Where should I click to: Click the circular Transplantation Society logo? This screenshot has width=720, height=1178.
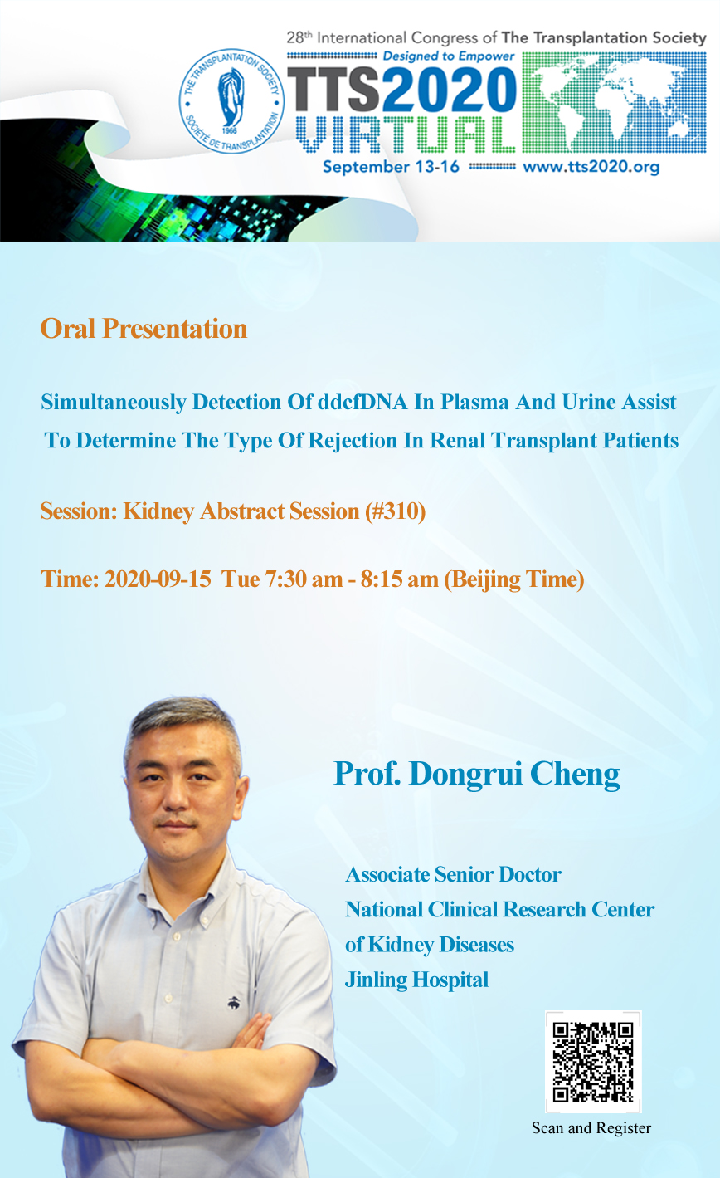231,101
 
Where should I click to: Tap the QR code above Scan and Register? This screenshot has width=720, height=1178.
593,1062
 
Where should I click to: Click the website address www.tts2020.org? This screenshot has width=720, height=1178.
591,167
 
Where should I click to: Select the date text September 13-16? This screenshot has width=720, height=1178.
391,167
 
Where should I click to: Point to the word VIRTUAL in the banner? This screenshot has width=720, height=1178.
406,135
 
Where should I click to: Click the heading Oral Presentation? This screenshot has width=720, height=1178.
144,329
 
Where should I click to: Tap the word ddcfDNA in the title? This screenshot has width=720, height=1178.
362,402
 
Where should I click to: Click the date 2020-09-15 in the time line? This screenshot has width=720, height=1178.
158,579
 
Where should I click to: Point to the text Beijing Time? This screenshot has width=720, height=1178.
514,580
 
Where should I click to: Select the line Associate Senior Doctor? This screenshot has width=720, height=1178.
454,874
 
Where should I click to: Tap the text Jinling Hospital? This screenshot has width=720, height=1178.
416,980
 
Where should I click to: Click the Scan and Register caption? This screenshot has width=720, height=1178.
591,1128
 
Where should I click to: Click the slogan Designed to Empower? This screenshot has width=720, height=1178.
449,56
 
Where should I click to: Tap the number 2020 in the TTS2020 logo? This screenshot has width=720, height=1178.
450,90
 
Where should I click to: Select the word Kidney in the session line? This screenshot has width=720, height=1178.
158,511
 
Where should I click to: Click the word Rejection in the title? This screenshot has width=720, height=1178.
353,441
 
